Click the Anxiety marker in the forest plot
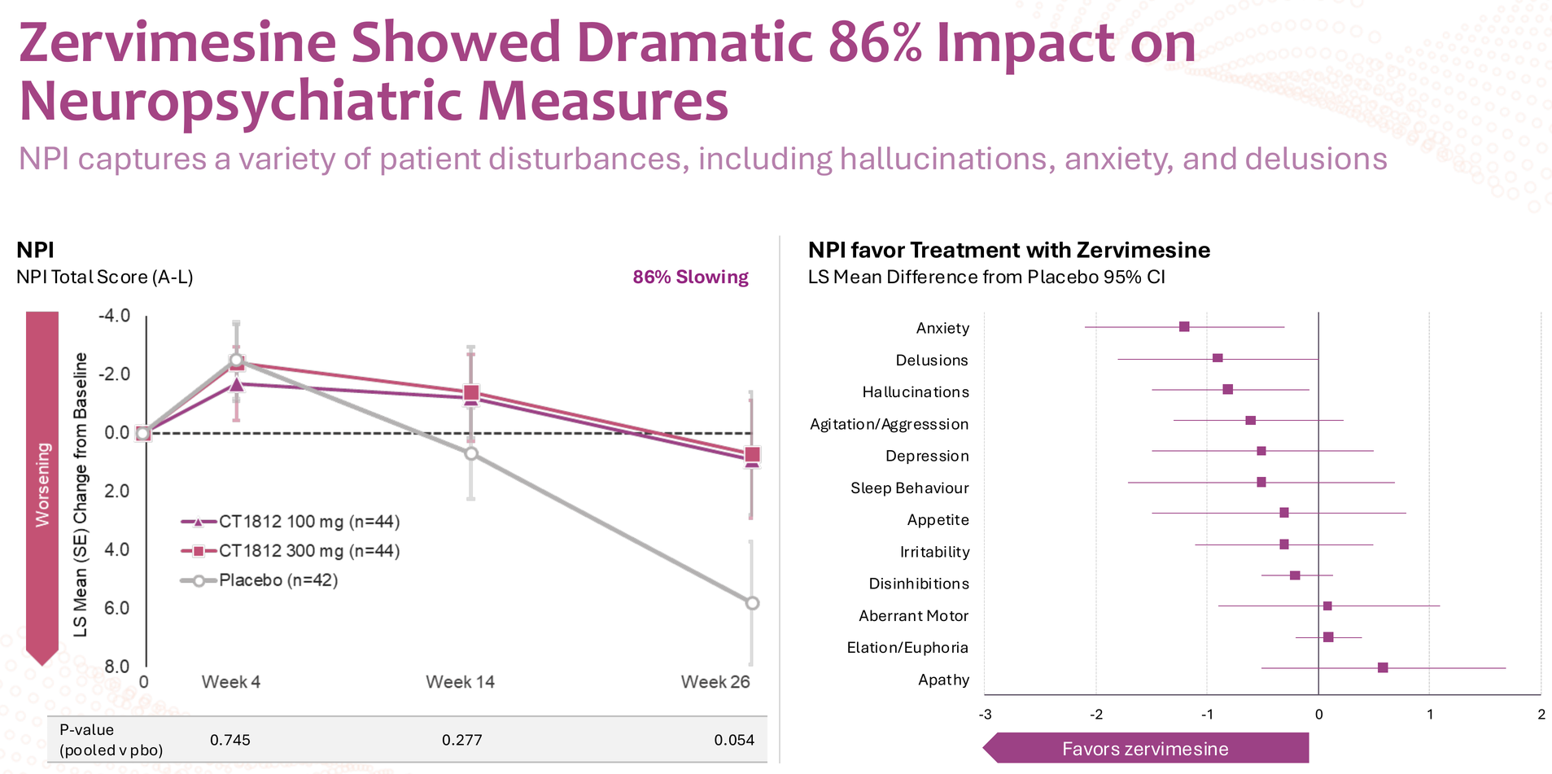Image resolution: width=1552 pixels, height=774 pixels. tap(1184, 326)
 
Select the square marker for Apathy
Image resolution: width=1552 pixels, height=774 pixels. tap(1383, 667)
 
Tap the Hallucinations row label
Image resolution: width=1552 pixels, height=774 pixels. tap(916, 392)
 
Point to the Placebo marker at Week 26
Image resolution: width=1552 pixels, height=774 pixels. tap(752, 603)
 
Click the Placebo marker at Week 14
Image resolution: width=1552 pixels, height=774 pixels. tap(471, 453)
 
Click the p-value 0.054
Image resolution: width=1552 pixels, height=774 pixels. tap(734, 740)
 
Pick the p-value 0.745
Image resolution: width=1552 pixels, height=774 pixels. tap(230, 740)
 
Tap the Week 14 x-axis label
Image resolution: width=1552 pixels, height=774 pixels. tap(460, 682)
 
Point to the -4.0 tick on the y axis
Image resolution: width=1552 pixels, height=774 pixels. tap(114, 316)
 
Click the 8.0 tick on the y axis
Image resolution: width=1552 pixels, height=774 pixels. tap(116, 667)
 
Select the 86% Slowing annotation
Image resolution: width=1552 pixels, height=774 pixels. tap(690, 277)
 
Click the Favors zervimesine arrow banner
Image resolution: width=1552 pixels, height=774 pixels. tap(1145, 749)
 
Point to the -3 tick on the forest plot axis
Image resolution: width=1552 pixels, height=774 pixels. tap(985, 715)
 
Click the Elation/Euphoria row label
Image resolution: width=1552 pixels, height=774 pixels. tap(907, 648)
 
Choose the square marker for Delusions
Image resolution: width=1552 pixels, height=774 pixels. tap(1218, 358)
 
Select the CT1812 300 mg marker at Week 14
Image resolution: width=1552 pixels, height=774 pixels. tap(471, 393)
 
